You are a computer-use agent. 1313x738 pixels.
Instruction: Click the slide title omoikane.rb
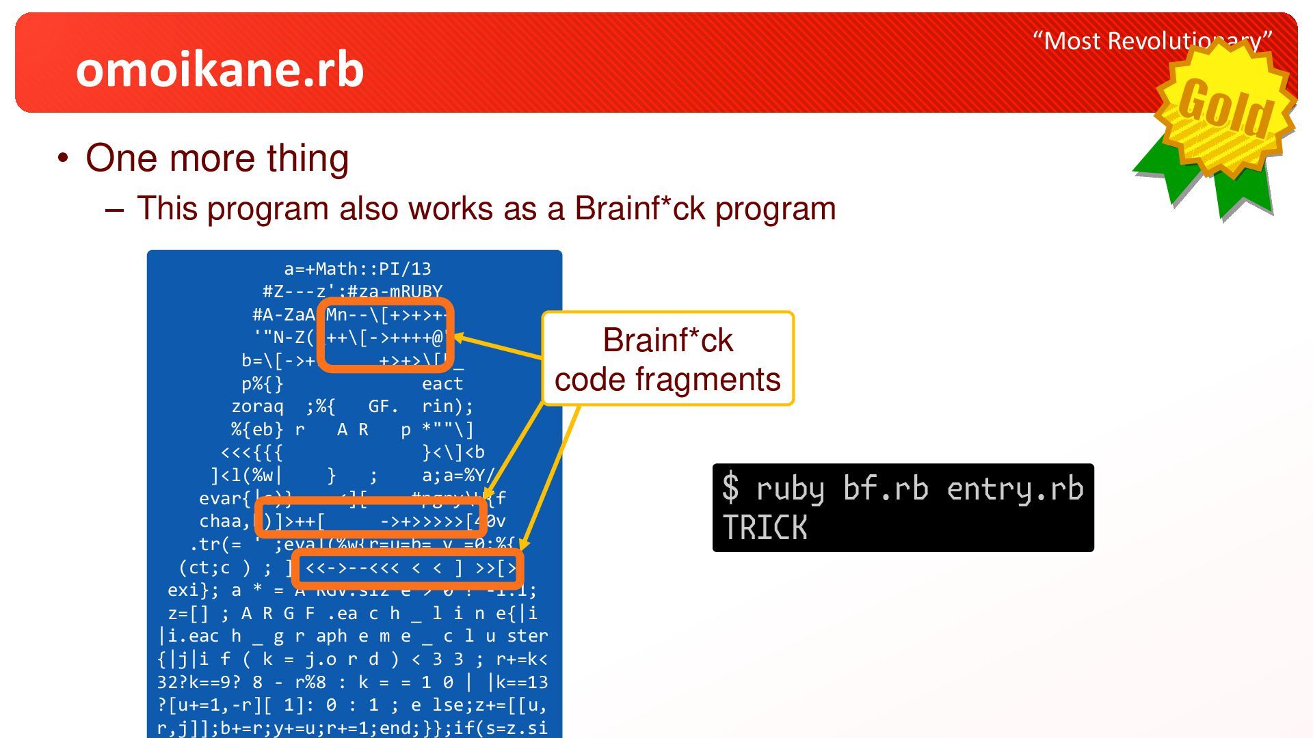(220, 70)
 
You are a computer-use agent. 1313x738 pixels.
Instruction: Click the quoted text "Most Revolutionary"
(1152, 41)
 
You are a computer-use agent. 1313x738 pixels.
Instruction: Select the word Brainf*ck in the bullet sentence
(639, 208)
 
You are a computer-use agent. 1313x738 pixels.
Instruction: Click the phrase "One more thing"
(217, 158)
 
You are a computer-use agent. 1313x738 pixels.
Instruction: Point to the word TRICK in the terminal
(765, 528)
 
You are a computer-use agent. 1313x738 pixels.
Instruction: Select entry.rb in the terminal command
(1015, 489)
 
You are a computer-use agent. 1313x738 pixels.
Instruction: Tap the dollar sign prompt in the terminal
(730, 489)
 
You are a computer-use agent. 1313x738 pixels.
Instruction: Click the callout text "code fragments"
(667, 379)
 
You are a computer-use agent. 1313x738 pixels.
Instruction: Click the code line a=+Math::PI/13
(358, 269)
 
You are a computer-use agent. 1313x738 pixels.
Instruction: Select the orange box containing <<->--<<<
(408, 568)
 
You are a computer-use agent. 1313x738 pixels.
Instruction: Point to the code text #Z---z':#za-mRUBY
(353, 292)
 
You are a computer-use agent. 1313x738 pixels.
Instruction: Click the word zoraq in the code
(257, 407)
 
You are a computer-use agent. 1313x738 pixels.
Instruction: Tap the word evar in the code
(220, 498)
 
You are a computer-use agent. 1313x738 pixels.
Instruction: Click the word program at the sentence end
(775, 208)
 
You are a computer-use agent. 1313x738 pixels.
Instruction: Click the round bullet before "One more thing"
(64, 159)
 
